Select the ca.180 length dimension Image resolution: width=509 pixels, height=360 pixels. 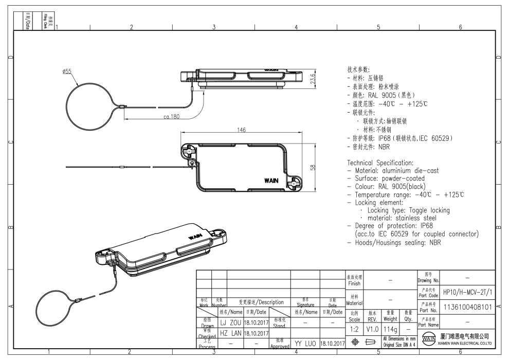[x=171, y=117]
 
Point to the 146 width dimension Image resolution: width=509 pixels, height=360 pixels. [x=241, y=130]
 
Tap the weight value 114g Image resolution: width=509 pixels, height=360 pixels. [x=390, y=327]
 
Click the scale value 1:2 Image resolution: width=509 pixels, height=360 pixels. [x=354, y=327]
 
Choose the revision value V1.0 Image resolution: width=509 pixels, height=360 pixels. [x=372, y=327]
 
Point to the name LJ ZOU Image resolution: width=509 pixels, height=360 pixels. [x=230, y=322]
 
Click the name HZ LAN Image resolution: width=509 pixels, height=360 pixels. [x=230, y=333]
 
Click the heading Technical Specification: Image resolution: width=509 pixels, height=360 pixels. [x=380, y=163]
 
